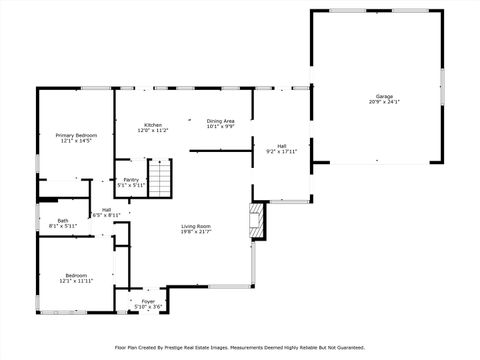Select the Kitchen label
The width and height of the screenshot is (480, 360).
(152, 125)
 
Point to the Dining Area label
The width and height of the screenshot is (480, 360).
(221, 121)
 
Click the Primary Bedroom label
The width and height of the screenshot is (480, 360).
(76, 135)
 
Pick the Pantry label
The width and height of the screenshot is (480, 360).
(131, 180)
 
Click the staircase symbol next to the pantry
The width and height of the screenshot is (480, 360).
(160, 177)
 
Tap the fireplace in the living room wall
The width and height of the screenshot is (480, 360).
(257, 221)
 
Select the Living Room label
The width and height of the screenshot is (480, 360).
(196, 226)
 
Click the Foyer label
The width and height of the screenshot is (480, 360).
(148, 301)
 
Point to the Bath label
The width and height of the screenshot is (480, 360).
(63, 221)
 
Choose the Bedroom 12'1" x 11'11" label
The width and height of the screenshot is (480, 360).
(76, 275)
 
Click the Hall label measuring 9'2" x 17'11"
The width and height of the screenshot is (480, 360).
(282, 145)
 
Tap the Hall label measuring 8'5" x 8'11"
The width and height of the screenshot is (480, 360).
(106, 209)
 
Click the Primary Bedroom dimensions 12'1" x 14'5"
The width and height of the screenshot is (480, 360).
(76, 141)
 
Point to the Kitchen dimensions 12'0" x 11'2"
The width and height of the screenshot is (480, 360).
(152, 131)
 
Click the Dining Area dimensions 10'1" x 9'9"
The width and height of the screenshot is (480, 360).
(221, 127)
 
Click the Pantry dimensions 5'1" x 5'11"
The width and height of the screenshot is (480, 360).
(131, 186)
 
